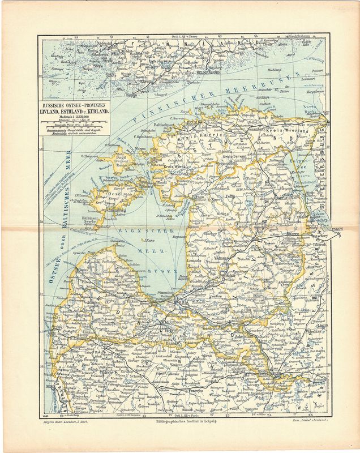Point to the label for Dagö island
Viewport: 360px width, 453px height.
coord(120,159)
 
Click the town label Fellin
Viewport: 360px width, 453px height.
coord(230,196)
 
